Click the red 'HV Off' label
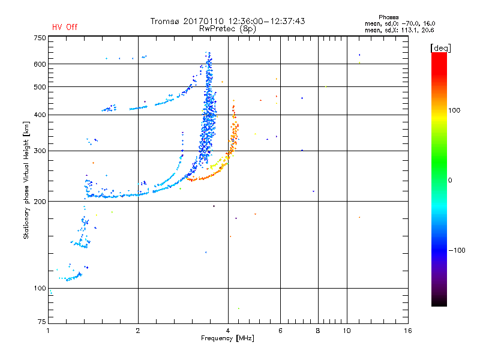pyautogui.click(x=64, y=27)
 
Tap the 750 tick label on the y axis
pyautogui.click(x=40, y=38)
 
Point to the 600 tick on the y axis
pyautogui.click(x=40, y=64)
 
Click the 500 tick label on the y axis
pyautogui.click(x=40, y=86)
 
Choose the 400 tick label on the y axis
pyautogui.click(x=40, y=115)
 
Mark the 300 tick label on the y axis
pyautogui.click(x=40, y=151)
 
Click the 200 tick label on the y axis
pyautogui.click(x=40, y=201)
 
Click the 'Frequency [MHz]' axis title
pyautogui.click(x=228, y=339)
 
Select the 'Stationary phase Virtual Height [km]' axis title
pyautogui.click(x=26, y=180)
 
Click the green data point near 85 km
pyautogui.click(x=238, y=308)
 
